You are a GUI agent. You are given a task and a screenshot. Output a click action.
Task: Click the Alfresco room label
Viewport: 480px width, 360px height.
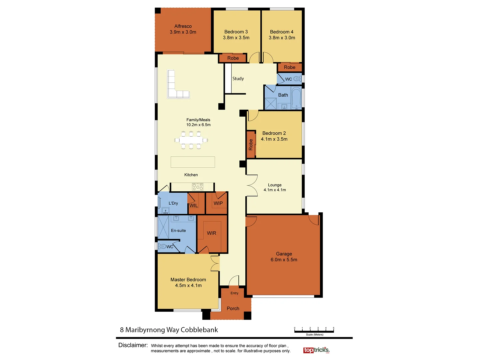coord(183,26)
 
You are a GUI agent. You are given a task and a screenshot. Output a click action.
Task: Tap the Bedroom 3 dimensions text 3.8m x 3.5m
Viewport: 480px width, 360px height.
coord(236,38)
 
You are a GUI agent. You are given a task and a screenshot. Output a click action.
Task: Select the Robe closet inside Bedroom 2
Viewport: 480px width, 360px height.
coord(251,145)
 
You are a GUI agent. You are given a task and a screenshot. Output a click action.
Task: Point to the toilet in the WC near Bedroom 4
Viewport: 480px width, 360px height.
coord(297,79)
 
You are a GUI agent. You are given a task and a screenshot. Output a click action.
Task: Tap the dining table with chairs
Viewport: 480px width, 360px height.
coord(191,140)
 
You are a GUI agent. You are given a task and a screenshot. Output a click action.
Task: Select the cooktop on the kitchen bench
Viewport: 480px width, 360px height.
coord(197,187)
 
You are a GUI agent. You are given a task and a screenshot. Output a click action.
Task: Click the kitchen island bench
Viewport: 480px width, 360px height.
coord(193,162)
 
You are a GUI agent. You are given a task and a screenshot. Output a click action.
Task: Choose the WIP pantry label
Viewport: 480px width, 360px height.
coord(218,203)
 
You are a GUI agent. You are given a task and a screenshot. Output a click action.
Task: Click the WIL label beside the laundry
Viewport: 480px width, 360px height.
coord(194,206)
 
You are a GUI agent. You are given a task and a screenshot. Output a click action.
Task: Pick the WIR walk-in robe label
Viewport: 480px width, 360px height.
coord(211,233)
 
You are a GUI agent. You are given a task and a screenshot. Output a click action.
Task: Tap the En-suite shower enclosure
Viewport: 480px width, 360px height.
coord(163,227)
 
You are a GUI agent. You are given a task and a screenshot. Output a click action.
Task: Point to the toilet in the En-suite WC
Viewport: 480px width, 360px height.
coord(162,246)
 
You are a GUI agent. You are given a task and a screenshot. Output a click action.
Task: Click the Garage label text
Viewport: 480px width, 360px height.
coord(284,254)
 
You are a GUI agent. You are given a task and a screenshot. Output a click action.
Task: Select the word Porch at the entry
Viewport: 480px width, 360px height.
coord(233,308)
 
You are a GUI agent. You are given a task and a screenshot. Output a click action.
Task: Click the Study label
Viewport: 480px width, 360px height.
coord(238,79)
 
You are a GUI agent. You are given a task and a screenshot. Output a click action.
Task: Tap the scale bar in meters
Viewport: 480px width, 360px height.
coord(314,331)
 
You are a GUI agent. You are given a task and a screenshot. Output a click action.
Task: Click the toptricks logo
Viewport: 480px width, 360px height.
coord(316,350)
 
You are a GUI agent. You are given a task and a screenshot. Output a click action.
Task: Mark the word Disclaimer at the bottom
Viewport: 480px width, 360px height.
coord(133,345)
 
